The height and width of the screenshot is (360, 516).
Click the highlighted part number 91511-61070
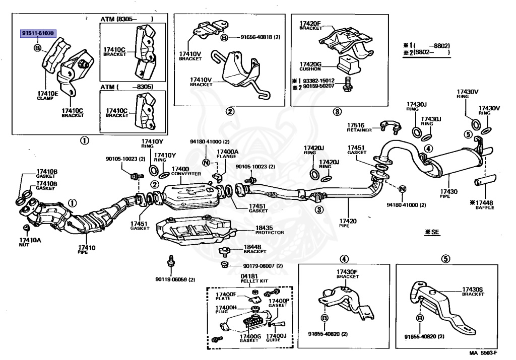pos(38,33)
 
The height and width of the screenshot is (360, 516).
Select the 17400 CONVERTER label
pos(186,171)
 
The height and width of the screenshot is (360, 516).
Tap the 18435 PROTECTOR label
pos(270,230)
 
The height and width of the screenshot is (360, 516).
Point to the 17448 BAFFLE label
pos(482,205)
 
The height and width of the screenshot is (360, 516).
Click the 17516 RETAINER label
pos(359,127)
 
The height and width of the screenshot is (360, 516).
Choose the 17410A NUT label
pos(30,242)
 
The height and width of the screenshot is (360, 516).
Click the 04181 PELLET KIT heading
pos(254,278)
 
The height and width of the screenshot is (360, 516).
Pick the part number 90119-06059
pos(175,279)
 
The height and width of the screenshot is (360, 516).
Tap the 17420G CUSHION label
pos(310,66)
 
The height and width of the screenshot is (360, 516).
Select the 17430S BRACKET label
pos(473,292)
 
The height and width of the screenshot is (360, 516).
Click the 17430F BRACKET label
pos(347,274)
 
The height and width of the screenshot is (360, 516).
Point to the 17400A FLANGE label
pos(227,154)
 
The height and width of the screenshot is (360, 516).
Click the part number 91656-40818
pos(261,37)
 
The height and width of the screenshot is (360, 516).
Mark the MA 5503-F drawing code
pos(483,353)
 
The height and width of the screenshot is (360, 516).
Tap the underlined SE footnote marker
pos(432,232)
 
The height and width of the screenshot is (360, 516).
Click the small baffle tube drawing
pos(485,180)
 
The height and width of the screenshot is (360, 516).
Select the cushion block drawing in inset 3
pos(349,65)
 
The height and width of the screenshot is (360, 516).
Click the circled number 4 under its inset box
pos(344,259)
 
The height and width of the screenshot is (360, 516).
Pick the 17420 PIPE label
pos(348,223)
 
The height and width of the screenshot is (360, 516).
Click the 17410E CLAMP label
pos(47,96)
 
